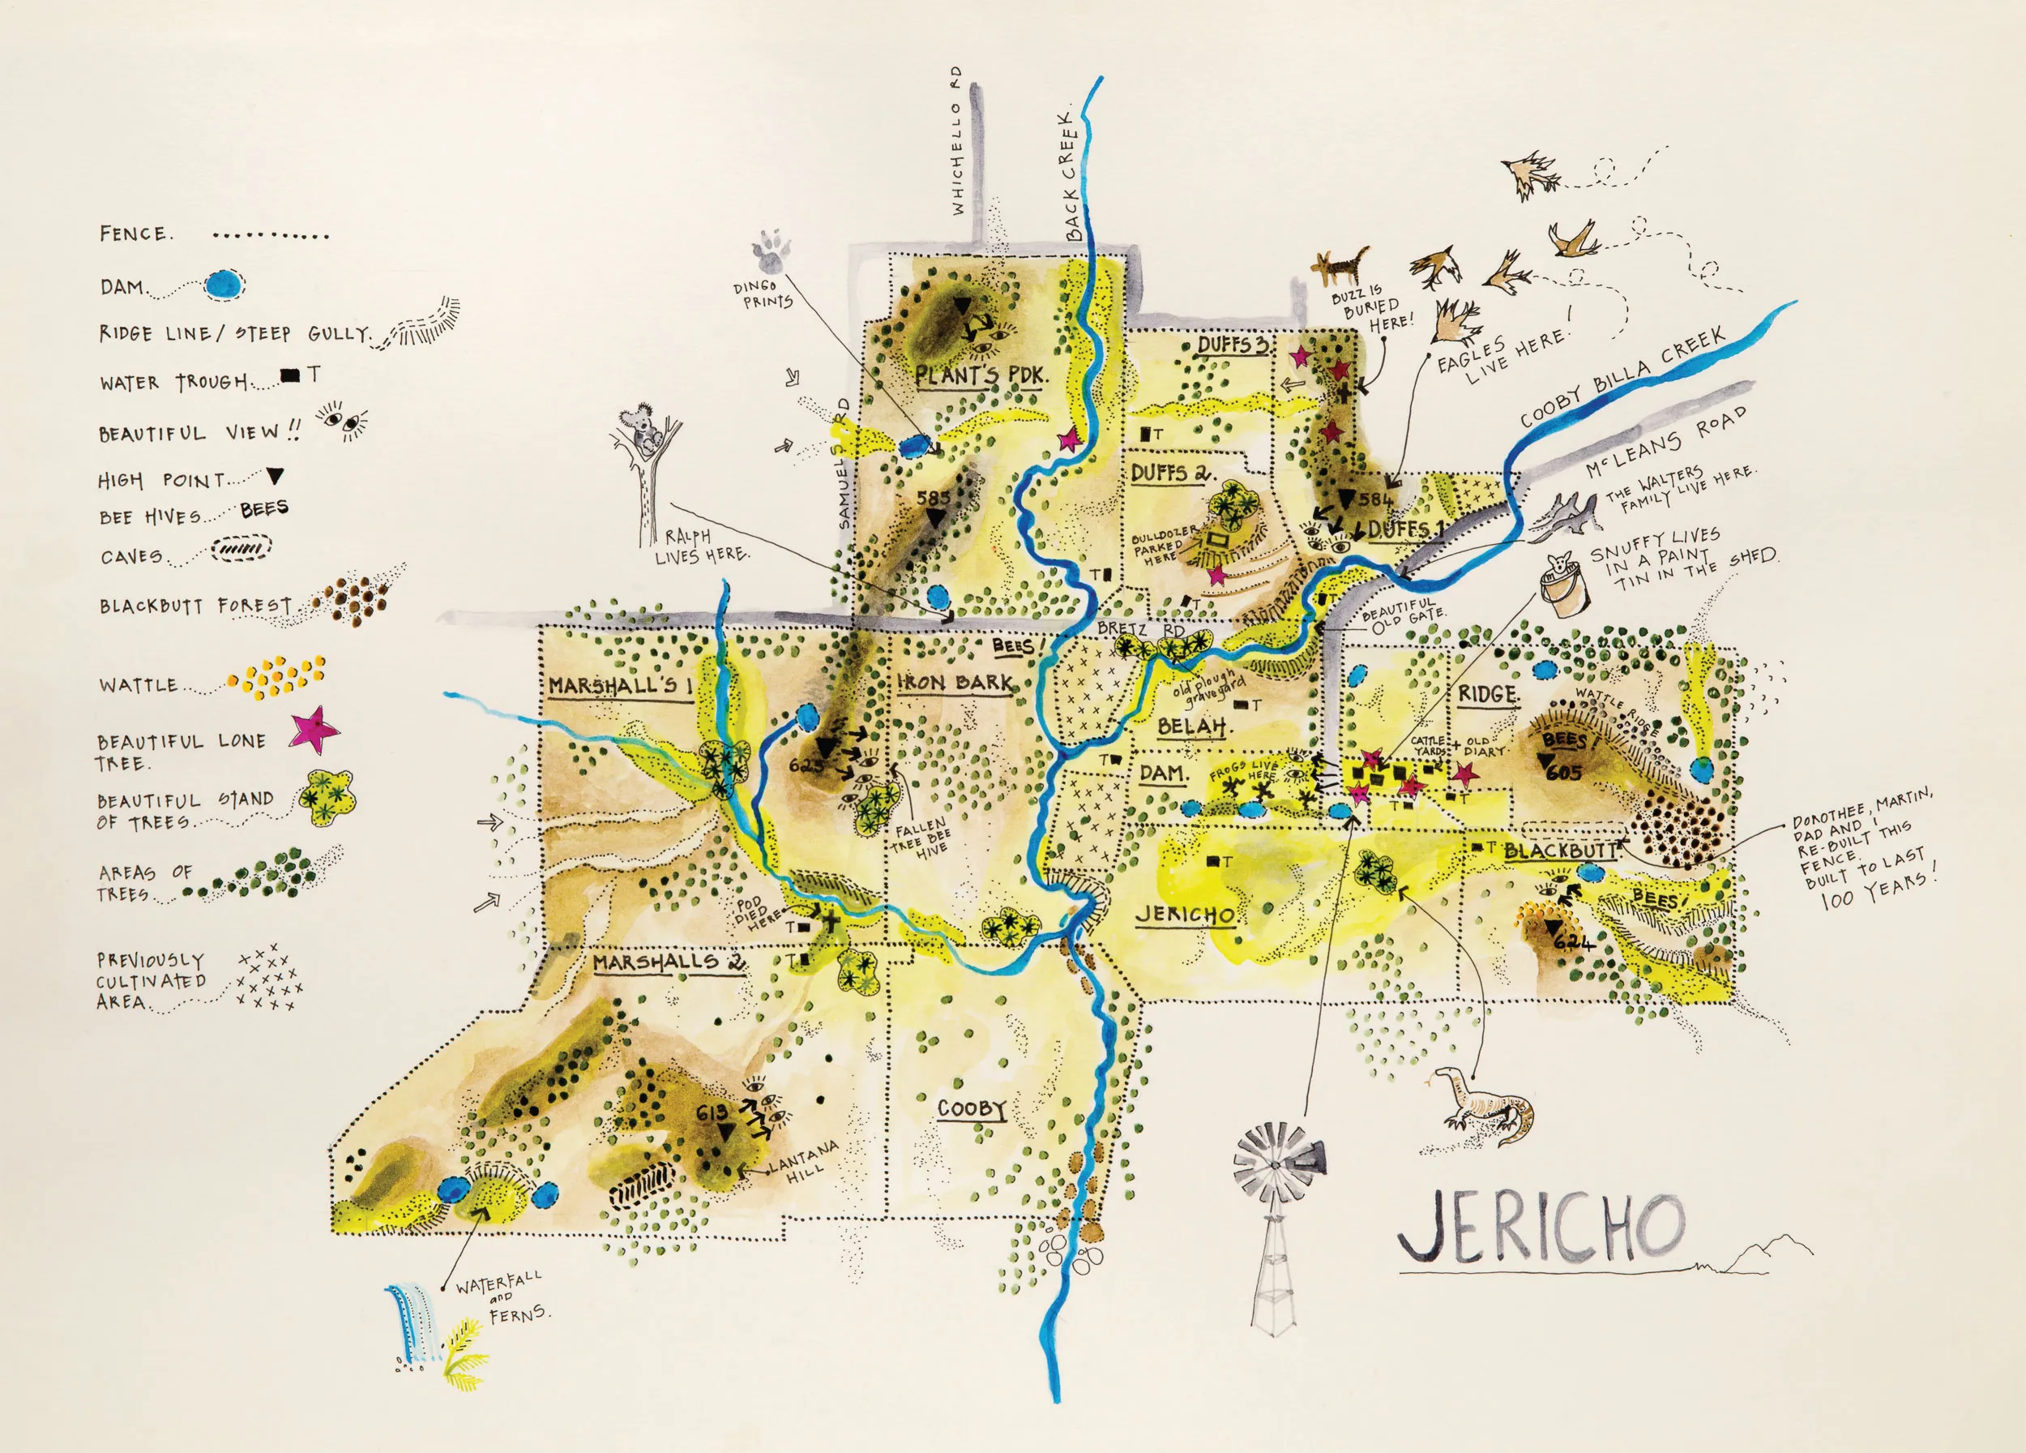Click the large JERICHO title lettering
click(1540, 1229)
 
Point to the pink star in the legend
click(314, 729)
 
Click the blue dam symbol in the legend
click(224, 285)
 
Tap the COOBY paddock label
click(972, 1109)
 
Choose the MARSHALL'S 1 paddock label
click(620, 685)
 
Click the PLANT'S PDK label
click(980, 375)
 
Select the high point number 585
click(933, 498)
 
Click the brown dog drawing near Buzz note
click(1340, 265)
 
